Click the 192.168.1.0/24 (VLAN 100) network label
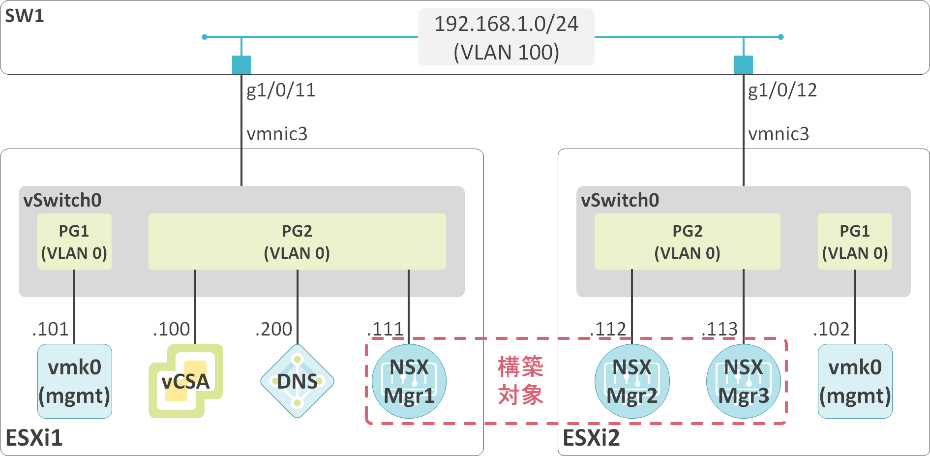tap(506, 37)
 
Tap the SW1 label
tap(24, 16)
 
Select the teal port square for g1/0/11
tap(241, 65)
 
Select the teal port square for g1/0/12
tap(743, 65)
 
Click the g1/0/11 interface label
tap(281, 91)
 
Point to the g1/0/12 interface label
tap(782, 91)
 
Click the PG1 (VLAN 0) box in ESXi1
tap(74, 242)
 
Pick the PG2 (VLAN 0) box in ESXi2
tap(687, 242)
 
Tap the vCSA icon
tap(186, 381)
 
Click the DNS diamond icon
tap(297, 381)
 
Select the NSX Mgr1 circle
tap(409, 381)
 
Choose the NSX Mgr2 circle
tap(632, 381)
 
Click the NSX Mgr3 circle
tap(743, 381)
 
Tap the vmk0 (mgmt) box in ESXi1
tap(75, 381)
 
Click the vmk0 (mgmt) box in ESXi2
tap(855, 381)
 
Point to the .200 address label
tap(273, 329)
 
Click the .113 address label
tap(720, 329)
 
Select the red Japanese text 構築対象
tap(520, 381)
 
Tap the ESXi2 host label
tap(591, 438)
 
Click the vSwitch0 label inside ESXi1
tap(62, 200)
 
